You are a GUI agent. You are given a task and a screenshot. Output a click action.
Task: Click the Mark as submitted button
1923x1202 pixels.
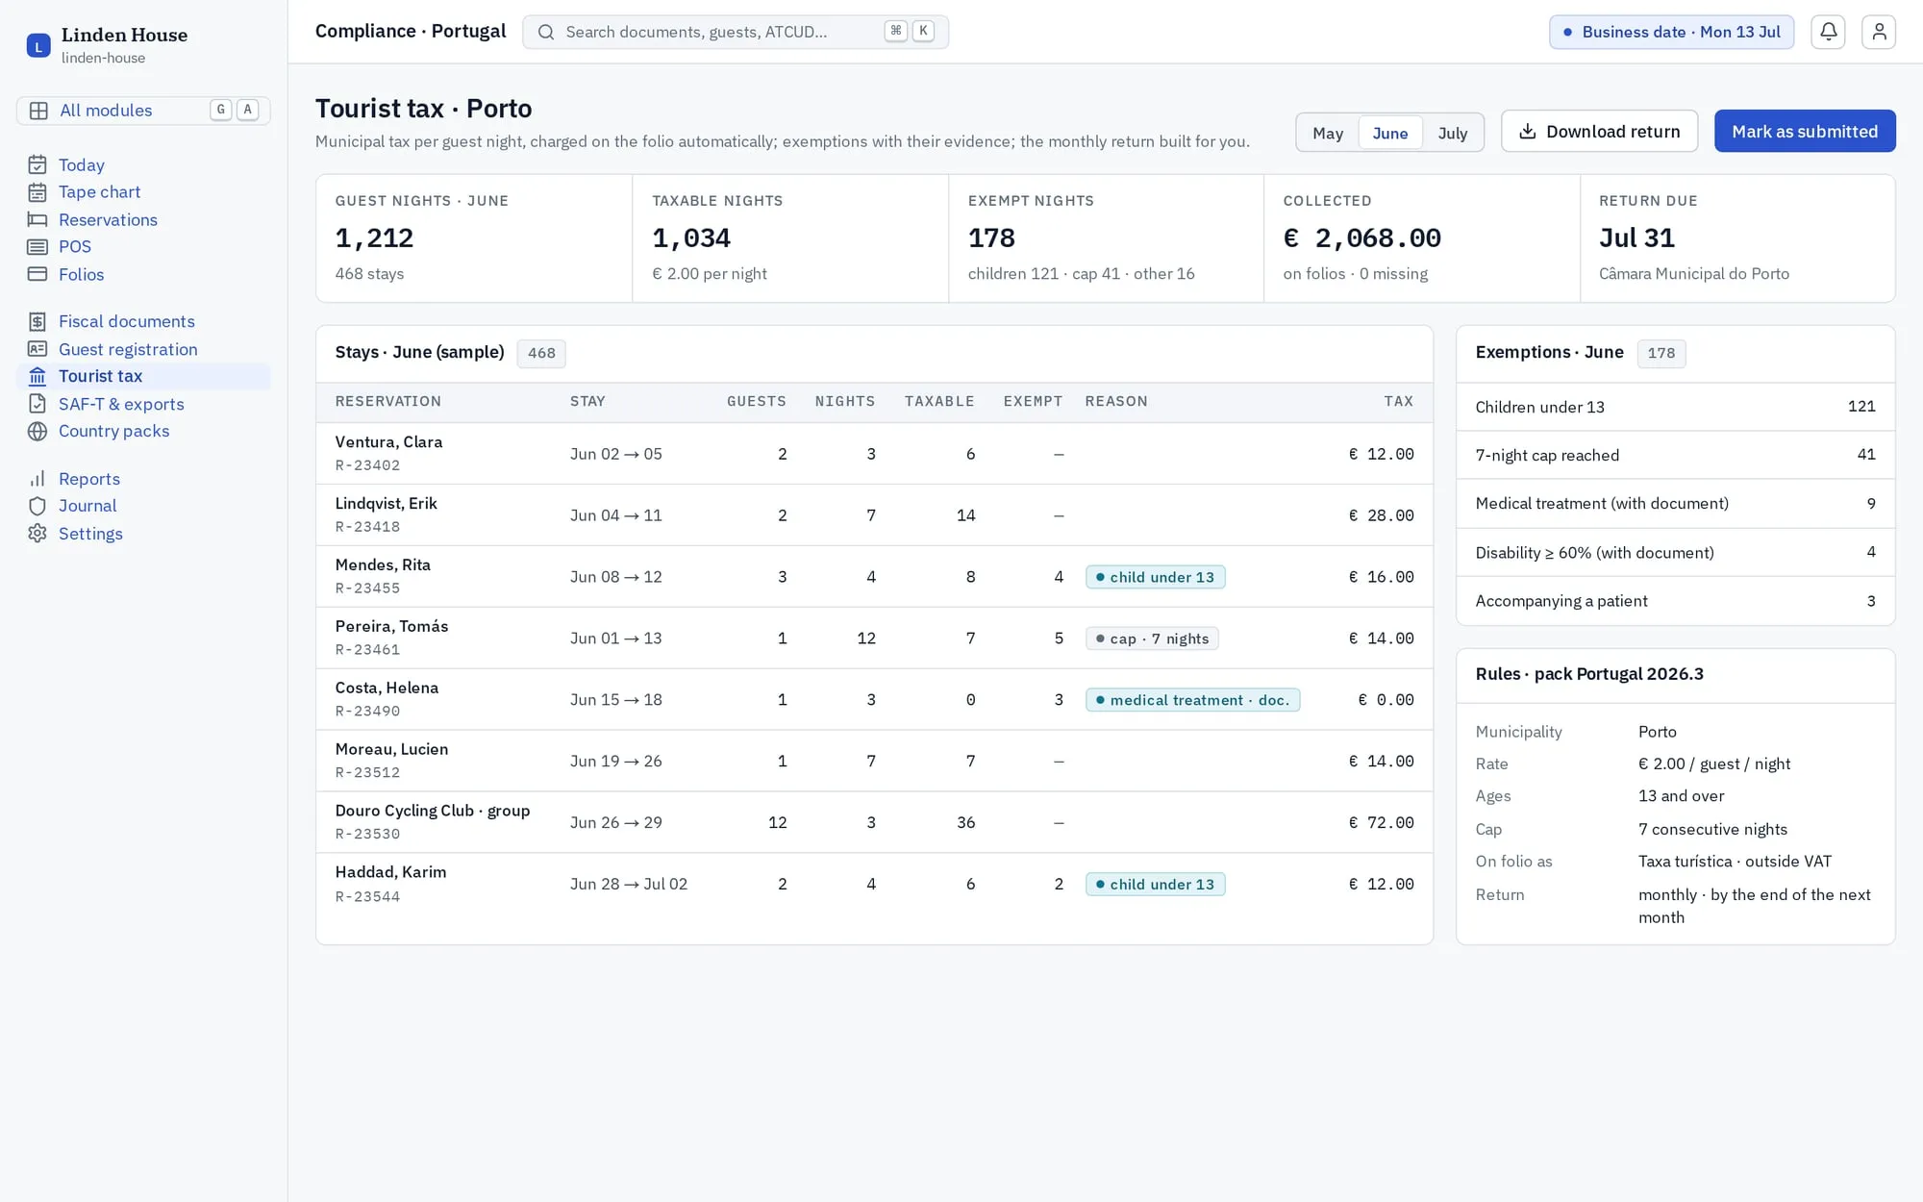[x=1805, y=132]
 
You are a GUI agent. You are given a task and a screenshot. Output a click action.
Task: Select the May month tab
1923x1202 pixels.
[x=1328, y=133]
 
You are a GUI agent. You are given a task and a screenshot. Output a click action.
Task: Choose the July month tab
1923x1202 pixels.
[x=1452, y=133]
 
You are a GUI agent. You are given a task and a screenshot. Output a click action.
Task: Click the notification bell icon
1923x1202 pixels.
[x=1828, y=32]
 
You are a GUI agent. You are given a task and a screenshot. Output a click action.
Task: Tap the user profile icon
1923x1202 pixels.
[x=1879, y=32]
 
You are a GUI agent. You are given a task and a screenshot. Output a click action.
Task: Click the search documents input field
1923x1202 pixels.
[x=736, y=32]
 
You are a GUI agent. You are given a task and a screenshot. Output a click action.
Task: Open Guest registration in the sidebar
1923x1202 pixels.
[x=128, y=349]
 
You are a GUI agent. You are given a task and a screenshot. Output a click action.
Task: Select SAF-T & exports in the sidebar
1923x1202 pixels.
[x=121, y=404]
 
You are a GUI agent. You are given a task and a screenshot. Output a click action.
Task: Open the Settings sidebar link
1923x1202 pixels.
[x=90, y=534]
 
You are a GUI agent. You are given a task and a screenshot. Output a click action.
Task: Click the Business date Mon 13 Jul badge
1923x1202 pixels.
[x=1671, y=32]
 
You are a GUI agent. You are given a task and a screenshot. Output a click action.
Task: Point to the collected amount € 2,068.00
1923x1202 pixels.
[x=1361, y=238]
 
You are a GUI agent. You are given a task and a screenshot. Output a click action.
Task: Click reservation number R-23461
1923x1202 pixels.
[x=367, y=650]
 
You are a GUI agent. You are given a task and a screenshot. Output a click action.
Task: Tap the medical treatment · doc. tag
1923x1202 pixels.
[x=1192, y=700]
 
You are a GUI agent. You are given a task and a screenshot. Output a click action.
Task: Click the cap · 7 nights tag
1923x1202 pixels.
[x=1152, y=639]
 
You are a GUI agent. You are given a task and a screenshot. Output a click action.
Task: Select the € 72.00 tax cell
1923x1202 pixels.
[x=1381, y=822]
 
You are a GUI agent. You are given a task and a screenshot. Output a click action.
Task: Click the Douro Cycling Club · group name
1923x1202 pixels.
[x=433, y=811]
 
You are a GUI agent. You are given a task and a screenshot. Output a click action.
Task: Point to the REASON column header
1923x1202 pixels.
[x=1116, y=402]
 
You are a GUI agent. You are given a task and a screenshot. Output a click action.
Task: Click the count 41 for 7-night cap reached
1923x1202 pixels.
[x=1866, y=455]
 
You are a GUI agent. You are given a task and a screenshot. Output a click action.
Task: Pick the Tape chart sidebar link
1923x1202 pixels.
[x=99, y=192]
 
